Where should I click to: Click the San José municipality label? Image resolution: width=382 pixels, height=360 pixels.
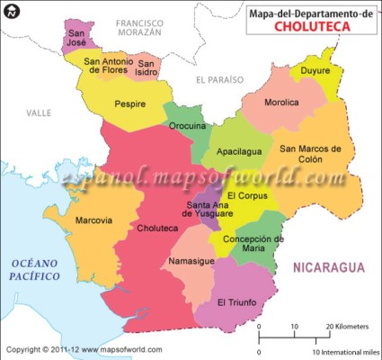coord(77,35)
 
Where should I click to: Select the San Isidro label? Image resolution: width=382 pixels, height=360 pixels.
coord(148,67)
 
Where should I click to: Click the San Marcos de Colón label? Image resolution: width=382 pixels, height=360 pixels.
coord(311,154)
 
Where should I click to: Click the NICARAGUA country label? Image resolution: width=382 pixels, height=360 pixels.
coord(327,267)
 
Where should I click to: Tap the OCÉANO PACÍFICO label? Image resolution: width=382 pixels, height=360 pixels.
coord(34,269)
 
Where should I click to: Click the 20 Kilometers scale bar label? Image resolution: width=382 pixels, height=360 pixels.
coord(349,325)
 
